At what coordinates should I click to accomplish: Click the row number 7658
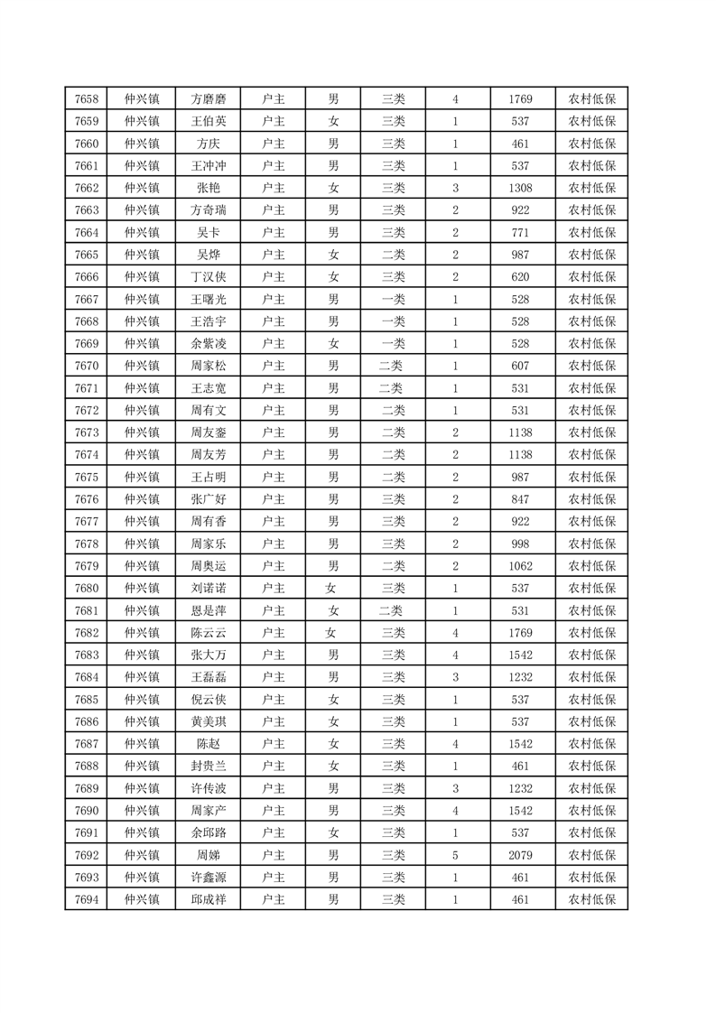coord(87,99)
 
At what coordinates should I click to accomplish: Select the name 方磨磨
coord(209,99)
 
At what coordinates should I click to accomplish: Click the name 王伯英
coord(209,122)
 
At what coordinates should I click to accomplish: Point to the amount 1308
coord(520,188)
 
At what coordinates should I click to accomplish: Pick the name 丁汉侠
coord(209,277)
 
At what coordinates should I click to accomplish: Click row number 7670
coord(87,366)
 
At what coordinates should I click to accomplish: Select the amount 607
coord(520,366)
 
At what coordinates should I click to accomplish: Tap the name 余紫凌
coord(209,344)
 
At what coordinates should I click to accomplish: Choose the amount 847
coord(520,499)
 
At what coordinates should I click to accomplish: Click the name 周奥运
coord(209,566)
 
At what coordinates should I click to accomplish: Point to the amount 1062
coord(520,566)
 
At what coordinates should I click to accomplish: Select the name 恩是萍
coord(209,610)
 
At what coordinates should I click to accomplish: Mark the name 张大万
coord(209,655)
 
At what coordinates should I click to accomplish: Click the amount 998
coord(520,544)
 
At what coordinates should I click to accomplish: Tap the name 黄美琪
coord(209,721)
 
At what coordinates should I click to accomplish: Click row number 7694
coord(87,899)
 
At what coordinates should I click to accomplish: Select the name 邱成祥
coord(209,899)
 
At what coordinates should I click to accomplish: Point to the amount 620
coord(520,277)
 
